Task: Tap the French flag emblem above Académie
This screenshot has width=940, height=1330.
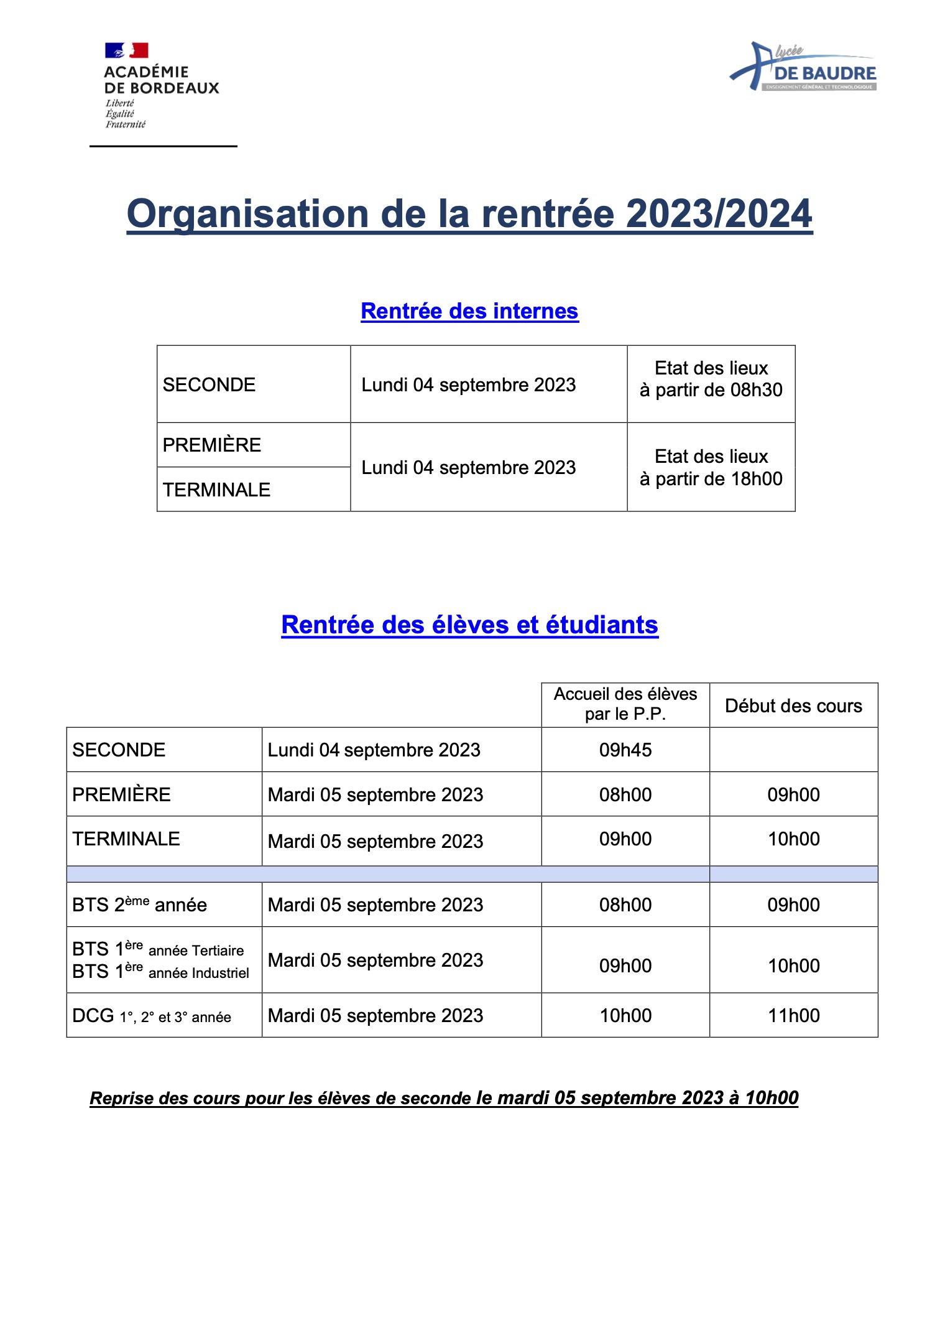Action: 127,50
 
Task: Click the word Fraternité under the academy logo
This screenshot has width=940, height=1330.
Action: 125,124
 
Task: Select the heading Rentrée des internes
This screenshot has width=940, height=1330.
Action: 469,311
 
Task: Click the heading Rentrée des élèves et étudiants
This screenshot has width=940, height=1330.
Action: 469,625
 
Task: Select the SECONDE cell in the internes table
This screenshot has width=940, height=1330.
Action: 209,385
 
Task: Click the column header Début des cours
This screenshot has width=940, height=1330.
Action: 793,706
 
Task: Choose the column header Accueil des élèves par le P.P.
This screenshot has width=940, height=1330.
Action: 625,704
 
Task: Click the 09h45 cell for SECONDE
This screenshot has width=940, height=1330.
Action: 625,750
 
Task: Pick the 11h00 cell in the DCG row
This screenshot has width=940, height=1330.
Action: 793,1016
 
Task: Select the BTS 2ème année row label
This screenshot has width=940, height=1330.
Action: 139,904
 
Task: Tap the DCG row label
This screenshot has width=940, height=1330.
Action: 151,1016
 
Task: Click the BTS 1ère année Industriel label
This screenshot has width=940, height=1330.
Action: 160,972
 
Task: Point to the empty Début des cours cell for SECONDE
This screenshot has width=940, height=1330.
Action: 793,750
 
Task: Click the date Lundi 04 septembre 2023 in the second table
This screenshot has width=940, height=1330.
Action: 374,750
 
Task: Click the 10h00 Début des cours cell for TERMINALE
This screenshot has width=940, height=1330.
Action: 793,839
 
